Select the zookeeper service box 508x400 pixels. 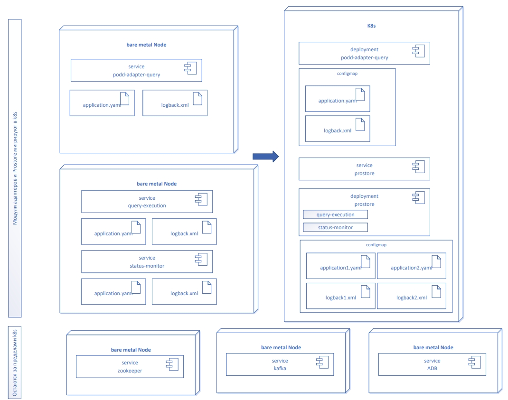tap(130, 366)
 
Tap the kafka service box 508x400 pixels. tap(280, 364)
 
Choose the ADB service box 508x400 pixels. tap(432, 364)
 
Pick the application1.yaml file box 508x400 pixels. tap(340, 266)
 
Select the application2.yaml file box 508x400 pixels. tap(411, 266)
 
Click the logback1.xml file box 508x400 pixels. tap(340, 296)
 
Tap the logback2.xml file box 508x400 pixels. tap(411, 296)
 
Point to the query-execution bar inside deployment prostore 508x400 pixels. tap(335, 214)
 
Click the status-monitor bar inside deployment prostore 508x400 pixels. tap(335, 227)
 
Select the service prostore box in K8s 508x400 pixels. tap(364, 169)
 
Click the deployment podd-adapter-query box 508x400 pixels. tap(364, 53)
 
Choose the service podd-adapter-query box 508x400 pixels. tap(136, 70)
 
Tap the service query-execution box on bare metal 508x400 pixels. tap(147, 202)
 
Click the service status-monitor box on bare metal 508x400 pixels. tap(147, 262)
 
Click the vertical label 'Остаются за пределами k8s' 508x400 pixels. tap(15, 363)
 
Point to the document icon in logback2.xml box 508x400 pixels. tap(436, 291)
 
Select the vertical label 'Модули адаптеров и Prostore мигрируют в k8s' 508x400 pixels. tap(15, 168)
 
